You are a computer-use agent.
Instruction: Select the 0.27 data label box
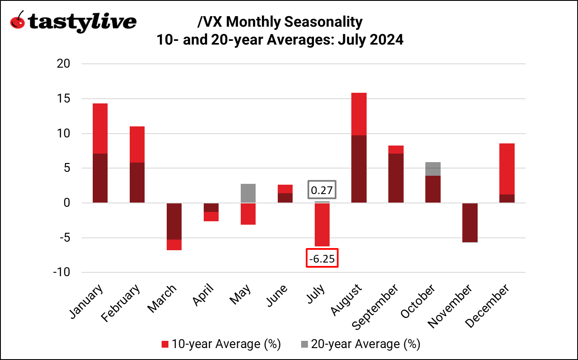[x=322, y=190]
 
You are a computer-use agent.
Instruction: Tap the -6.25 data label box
[x=322, y=258]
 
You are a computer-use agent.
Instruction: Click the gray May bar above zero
[x=248, y=193]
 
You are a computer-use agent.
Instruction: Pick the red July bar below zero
[x=322, y=224]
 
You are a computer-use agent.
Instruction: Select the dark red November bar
[x=470, y=223]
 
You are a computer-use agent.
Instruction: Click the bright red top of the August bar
[x=359, y=114]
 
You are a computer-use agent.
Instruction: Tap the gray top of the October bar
[x=433, y=169]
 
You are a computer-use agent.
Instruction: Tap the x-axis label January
[x=86, y=301]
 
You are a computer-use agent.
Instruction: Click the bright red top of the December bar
[x=507, y=169]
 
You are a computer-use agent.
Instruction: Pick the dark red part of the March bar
[x=174, y=221]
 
